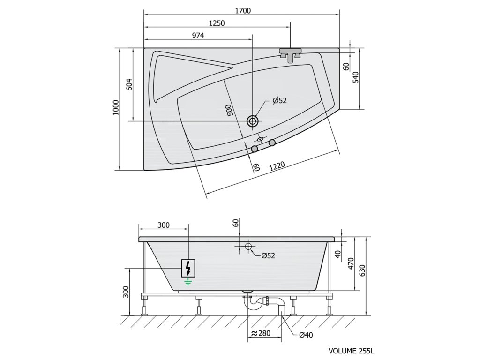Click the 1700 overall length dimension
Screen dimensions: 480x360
(x=243, y=11)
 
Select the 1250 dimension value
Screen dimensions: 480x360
(x=217, y=23)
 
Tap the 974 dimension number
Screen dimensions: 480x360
(x=198, y=36)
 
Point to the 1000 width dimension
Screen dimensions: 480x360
(x=116, y=107)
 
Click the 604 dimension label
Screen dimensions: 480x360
(x=129, y=85)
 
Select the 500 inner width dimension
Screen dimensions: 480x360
(x=230, y=110)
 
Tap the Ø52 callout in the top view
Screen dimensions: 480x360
(x=279, y=100)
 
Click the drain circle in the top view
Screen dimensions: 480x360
(x=253, y=121)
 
